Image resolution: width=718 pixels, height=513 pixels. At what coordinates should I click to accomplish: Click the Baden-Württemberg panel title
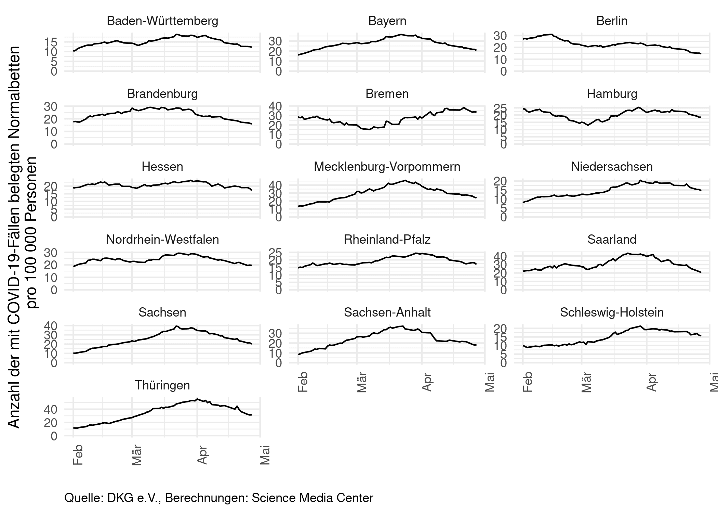(x=162, y=21)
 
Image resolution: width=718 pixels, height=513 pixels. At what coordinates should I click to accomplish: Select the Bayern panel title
(x=387, y=21)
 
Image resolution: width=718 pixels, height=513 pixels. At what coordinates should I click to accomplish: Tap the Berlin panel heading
(x=612, y=21)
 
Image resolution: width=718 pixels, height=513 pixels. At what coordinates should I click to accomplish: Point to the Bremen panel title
(x=387, y=94)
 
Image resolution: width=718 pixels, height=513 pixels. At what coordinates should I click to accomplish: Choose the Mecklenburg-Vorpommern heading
(x=387, y=167)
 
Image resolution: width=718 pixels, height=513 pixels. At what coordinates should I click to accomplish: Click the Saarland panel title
(x=612, y=240)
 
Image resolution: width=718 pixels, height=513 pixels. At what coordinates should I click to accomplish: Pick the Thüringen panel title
(x=162, y=385)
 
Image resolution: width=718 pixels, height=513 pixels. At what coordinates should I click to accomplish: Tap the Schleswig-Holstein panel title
(x=612, y=312)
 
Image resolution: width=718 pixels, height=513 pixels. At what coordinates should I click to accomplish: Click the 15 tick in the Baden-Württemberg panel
(x=51, y=42)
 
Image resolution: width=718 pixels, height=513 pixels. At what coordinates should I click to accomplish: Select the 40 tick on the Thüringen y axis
(x=51, y=409)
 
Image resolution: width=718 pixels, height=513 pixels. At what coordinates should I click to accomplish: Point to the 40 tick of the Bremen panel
(x=276, y=106)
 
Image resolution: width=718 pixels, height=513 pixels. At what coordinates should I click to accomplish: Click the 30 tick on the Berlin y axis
(x=500, y=36)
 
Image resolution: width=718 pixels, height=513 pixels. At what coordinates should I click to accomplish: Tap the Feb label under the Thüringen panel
(x=78, y=455)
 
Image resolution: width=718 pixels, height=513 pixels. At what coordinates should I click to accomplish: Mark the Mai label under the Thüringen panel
(x=265, y=455)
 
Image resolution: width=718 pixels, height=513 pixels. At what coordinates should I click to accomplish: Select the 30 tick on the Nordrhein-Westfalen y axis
(x=51, y=253)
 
